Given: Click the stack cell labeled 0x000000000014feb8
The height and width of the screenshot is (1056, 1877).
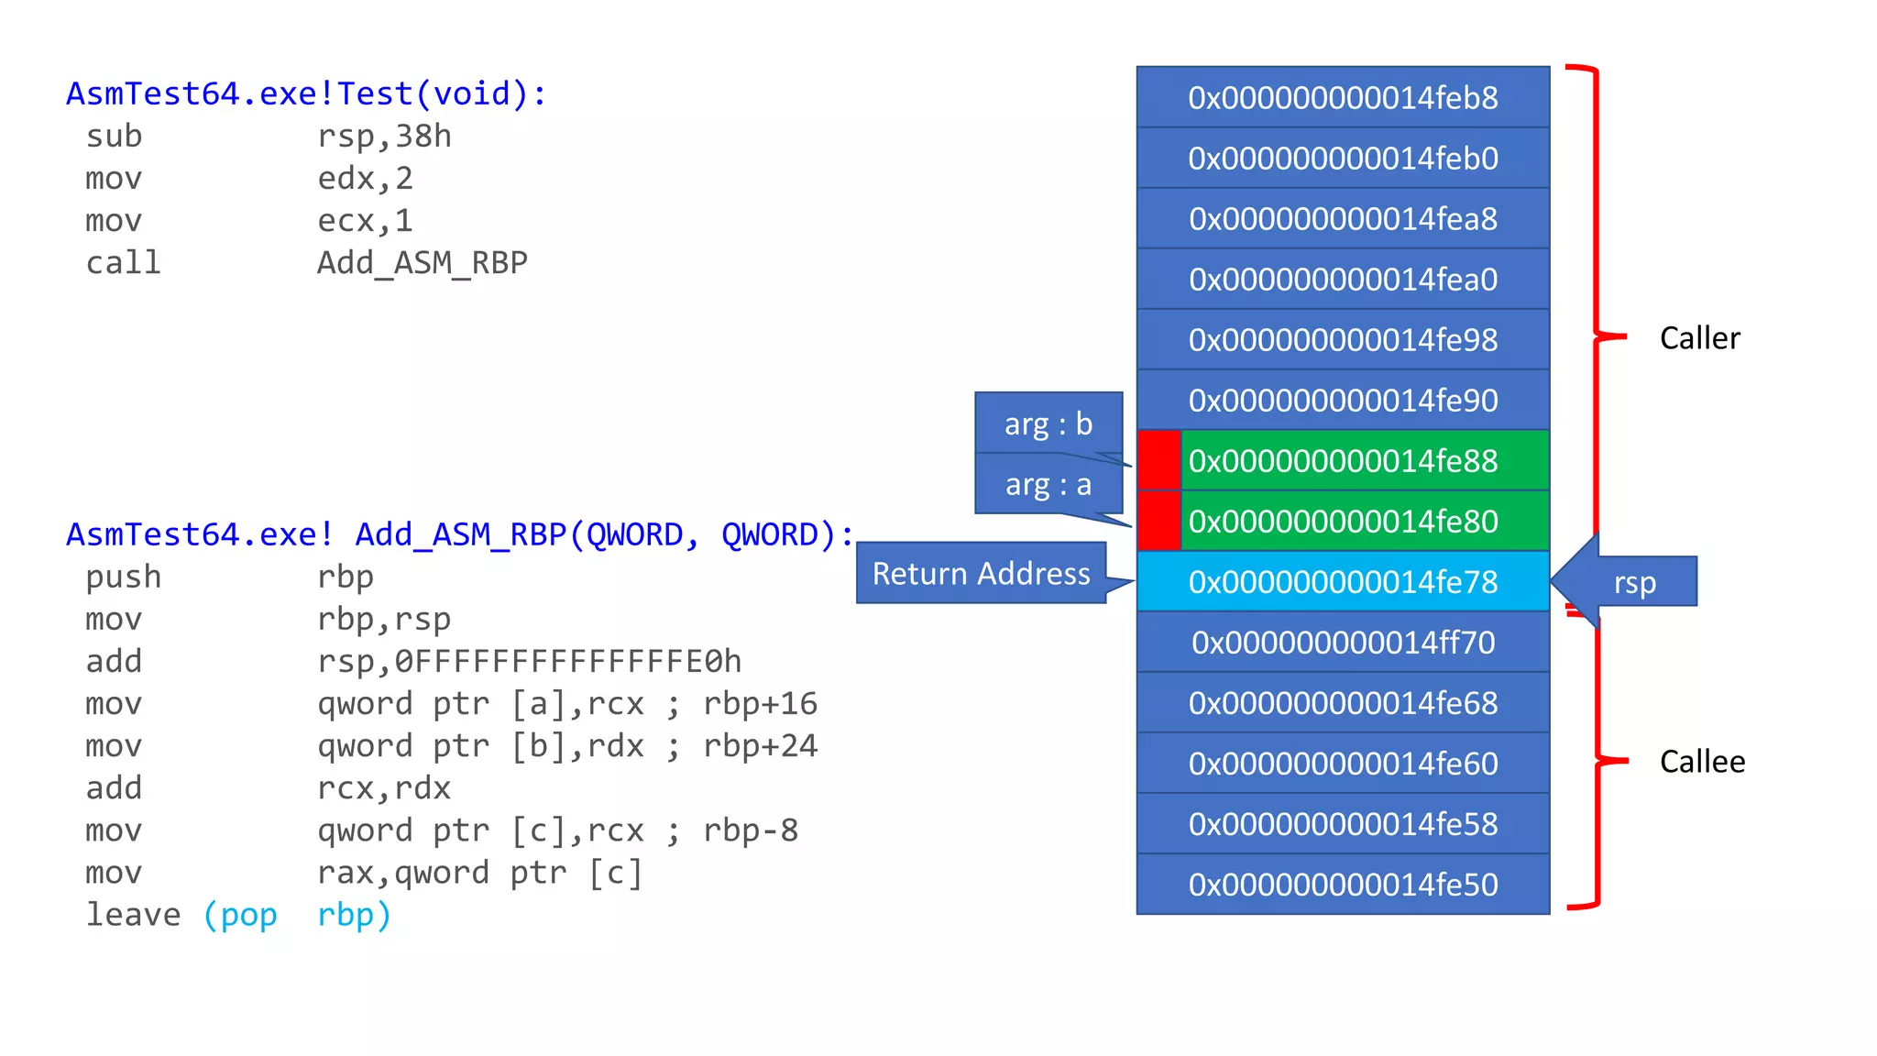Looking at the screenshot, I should coord(1343,97).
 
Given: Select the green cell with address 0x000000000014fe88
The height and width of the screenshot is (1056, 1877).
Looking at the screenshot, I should coord(1364,460).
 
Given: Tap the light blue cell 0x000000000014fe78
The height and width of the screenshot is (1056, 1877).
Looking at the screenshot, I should coord(1343,581).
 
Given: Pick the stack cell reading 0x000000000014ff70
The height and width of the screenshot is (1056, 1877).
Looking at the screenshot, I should coord(1343,642).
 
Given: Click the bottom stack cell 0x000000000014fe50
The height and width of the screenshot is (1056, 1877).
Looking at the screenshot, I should coord(1343,885).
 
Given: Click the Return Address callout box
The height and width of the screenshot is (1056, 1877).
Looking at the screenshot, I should coord(981,574).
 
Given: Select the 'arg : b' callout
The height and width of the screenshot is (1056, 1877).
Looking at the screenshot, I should coord(1048,423).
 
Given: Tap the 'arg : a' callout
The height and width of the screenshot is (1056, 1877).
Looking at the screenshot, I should coord(1048,484).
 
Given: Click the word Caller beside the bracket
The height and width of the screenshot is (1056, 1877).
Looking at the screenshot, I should coord(1699,338).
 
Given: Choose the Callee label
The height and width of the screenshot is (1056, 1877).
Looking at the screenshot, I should coord(1702,762).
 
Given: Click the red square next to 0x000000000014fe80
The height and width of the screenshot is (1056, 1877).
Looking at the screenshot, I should coord(1158,521).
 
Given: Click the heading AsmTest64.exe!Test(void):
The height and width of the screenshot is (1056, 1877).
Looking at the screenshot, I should coord(306,93).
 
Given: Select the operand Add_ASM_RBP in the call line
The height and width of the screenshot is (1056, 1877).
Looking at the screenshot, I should coord(423,263).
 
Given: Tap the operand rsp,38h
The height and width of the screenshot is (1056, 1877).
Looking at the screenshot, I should coord(384,137).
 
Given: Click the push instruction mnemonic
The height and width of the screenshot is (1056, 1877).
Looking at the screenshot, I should coord(124,577).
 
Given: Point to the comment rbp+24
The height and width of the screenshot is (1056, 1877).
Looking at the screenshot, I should coord(760,746).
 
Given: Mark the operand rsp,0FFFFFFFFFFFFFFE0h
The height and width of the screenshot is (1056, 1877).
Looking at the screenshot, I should coord(529,662).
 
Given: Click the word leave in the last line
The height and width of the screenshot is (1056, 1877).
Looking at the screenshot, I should coord(134,915).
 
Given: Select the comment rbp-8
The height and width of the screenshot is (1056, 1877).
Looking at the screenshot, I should coord(751,830).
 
